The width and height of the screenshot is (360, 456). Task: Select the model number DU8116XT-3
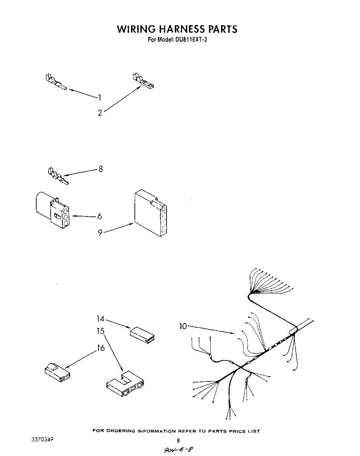click(189, 40)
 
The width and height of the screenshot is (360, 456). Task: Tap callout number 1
click(100, 98)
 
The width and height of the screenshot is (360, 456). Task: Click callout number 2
click(100, 113)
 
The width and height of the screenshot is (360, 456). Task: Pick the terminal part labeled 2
click(143, 81)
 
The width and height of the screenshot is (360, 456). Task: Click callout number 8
click(100, 169)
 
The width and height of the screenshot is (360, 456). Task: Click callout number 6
click(100, 216)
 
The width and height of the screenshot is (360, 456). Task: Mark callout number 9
click(100, 232)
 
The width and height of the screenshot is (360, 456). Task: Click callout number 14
click(100, 319)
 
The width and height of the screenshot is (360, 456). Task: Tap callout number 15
click(100, 331)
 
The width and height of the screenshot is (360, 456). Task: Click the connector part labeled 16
click(57, 373)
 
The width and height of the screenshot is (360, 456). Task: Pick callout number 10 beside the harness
click(183, 326)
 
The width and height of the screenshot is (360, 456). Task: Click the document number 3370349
click(42, 440)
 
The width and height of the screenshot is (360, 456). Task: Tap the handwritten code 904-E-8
click(178, 449)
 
